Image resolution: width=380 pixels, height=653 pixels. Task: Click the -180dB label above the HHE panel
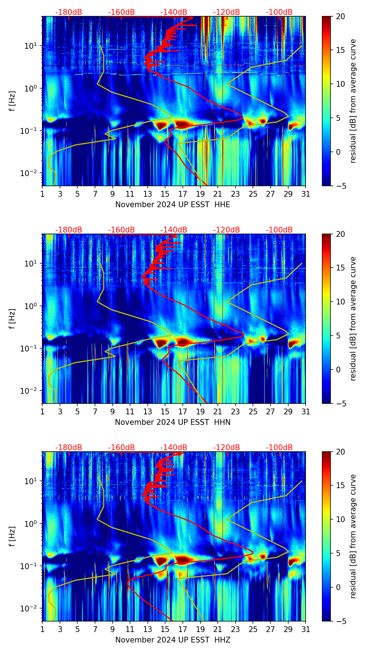(69, 12)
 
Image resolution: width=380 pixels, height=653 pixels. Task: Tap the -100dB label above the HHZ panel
(279, 448)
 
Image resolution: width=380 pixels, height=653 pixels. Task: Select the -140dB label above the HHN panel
(174, 230)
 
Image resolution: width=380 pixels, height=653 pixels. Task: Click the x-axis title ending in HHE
(173, 205)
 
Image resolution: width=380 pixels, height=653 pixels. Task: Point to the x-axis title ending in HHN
(173, 422)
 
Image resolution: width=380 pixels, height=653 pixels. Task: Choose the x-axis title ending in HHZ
(173, 640)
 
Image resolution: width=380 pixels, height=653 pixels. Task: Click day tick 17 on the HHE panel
(183, 194)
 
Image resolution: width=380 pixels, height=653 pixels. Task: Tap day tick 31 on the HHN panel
(306, 411)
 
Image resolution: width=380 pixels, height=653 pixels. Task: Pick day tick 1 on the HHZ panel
(43, 629)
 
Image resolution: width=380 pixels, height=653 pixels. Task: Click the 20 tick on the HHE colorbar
(341, 16)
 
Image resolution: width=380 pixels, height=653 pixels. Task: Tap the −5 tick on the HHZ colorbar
(341, 621)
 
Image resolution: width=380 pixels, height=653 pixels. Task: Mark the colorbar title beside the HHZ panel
(353, 536)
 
